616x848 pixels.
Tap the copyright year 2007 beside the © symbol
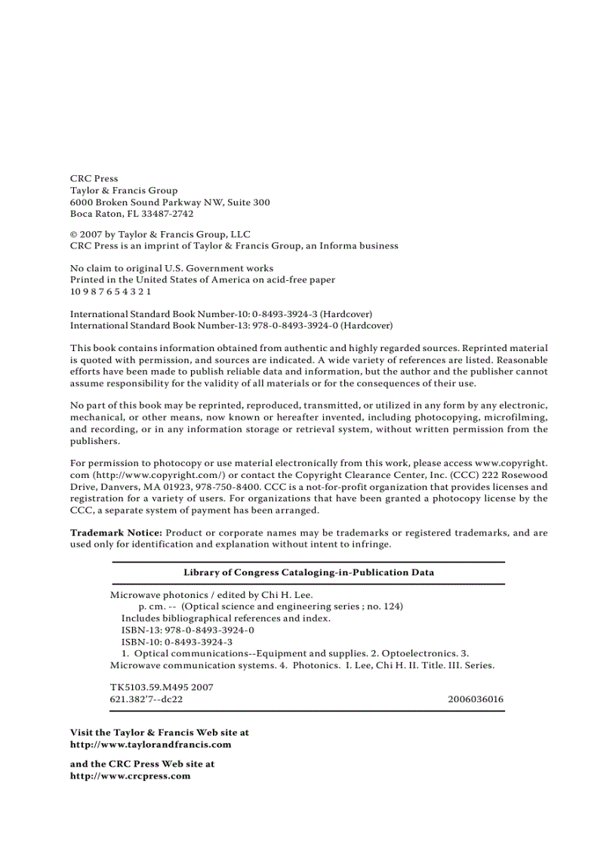click(91, 234)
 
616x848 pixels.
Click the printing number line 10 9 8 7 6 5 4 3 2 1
click(110, 291)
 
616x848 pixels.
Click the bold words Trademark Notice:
click(115, 532)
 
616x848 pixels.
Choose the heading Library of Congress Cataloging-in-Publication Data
click(309, 572)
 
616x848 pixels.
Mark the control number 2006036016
click(475, 699)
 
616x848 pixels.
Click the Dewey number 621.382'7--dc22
click(146, 699)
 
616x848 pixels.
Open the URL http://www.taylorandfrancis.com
click(150, 744)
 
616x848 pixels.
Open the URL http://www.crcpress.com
click(130, 776)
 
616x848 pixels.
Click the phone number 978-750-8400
click(224, 487)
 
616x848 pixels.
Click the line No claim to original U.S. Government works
click(171, 268)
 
